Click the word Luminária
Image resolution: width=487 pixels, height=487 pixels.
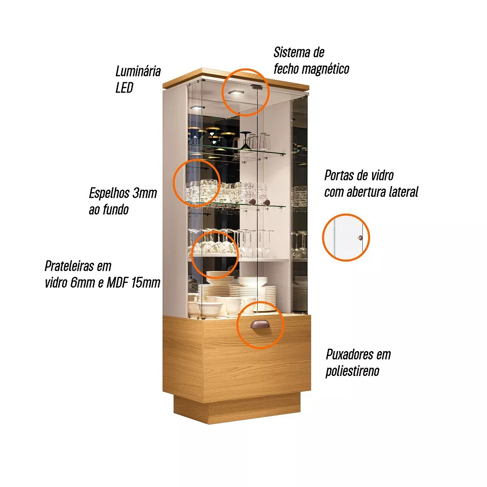pos(138,72)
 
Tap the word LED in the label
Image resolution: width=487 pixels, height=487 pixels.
pos(124,88)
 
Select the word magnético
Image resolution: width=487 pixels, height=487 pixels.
pos(325,69)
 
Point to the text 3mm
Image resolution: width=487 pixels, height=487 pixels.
pos(145,193)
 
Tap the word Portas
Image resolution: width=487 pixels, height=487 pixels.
pos(339,175)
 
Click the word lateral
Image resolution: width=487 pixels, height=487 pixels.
pos(402,192)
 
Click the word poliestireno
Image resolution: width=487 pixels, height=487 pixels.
pos(352,372)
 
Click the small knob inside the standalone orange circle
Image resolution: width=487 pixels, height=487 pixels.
pos(360,237)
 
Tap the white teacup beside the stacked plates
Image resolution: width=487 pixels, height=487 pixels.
pos(234,306)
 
